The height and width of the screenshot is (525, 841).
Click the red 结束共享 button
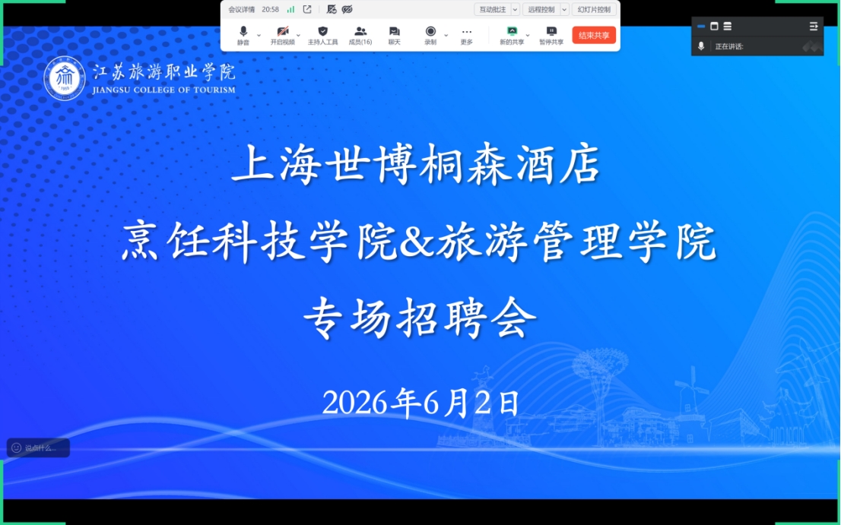594,36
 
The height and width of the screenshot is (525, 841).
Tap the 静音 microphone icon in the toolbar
243,32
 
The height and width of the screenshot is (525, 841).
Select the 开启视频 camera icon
283,32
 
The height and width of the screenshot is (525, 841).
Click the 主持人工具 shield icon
322,32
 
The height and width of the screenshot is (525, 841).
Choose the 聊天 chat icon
394,32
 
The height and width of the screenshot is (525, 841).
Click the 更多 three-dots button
467,32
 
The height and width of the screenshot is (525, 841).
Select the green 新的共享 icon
513,32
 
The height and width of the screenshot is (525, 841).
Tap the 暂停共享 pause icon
551,32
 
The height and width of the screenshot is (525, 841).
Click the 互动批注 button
493,10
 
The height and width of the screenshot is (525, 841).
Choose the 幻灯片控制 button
595,10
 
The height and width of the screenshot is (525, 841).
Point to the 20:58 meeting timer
271,10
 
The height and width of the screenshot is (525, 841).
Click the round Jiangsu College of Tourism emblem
65,78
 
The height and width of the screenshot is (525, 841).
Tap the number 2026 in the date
355,403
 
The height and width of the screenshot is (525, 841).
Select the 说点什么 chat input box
38,448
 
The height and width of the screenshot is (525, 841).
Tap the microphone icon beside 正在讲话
701,46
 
